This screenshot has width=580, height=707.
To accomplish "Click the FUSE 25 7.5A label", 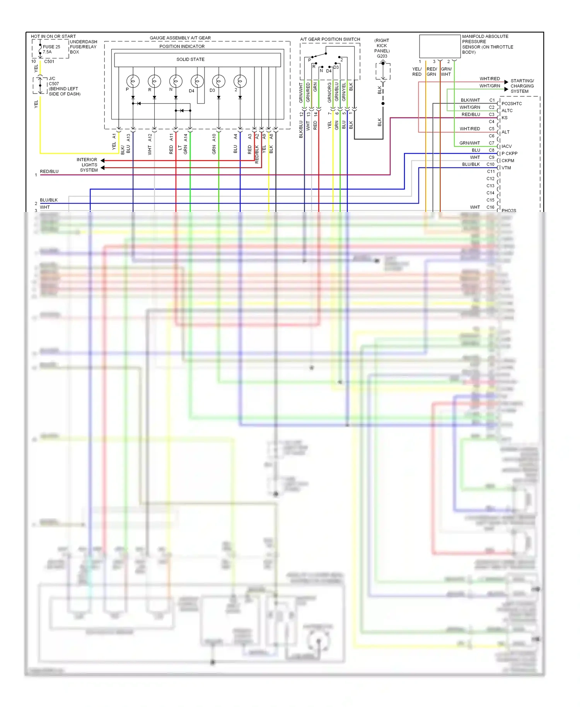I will (51, 49).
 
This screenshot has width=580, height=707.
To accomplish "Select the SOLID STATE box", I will (197, 60).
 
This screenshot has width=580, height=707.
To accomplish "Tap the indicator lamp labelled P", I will (133, 81).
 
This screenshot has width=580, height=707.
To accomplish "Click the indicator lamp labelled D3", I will (218, 81).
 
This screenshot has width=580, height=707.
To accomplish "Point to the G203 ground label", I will (382, 56).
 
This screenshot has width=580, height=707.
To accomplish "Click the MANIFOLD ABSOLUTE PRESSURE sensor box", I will (440, 46).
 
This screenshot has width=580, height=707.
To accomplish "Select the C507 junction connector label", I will (54, 84).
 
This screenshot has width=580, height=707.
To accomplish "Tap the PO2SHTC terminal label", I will (512, 104).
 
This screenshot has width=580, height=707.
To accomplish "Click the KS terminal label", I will (505, 118).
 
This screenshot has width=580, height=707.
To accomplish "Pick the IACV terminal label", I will (507, 147).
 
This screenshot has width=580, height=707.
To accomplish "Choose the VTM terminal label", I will (506, 168).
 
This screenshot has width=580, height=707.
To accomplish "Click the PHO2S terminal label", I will (508, 210).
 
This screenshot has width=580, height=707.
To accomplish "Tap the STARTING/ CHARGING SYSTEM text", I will (522, 86).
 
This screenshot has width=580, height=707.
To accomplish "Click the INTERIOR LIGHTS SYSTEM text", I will (87, 165).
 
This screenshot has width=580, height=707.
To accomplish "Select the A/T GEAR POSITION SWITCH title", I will (330, 39).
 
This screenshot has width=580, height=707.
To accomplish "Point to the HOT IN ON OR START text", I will (53, 36).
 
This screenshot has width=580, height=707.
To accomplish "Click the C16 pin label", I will (490, 207).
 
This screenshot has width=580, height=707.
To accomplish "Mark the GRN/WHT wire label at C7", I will (469, 143).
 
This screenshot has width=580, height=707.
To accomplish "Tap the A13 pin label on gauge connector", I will (128, 137).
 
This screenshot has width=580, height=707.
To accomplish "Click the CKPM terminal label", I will (508, 161).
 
